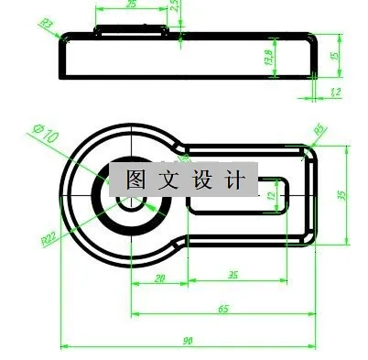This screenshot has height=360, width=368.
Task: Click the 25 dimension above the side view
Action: (x=131, y=5)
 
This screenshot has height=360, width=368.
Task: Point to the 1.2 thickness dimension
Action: (x=335, y=93)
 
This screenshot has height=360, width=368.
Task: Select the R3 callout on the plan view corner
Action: (x=320, y=131)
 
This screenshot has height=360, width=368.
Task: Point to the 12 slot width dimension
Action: (x=271, y=195)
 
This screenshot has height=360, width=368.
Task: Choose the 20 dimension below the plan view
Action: (x=159, y=278)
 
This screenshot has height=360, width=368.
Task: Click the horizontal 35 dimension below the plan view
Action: (x=233, y=275)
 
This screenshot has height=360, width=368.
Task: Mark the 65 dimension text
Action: (x=222, y=310)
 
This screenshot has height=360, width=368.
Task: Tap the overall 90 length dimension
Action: (x=188, y=341)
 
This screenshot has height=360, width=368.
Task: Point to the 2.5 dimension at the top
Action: (x=175, y=6)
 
